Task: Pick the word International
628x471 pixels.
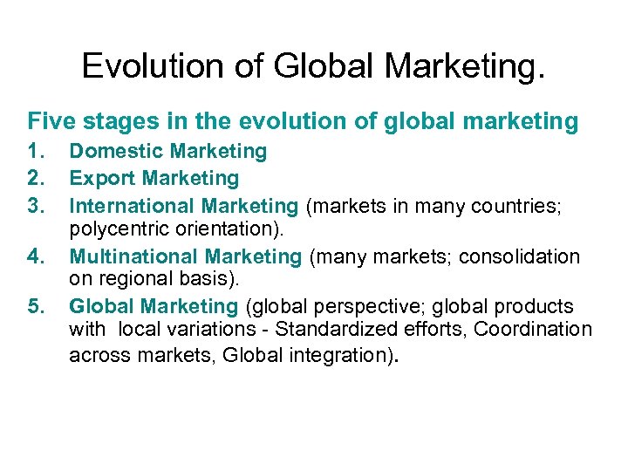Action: (x=132, y=207)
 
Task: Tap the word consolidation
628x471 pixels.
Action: (x=521, y=257)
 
